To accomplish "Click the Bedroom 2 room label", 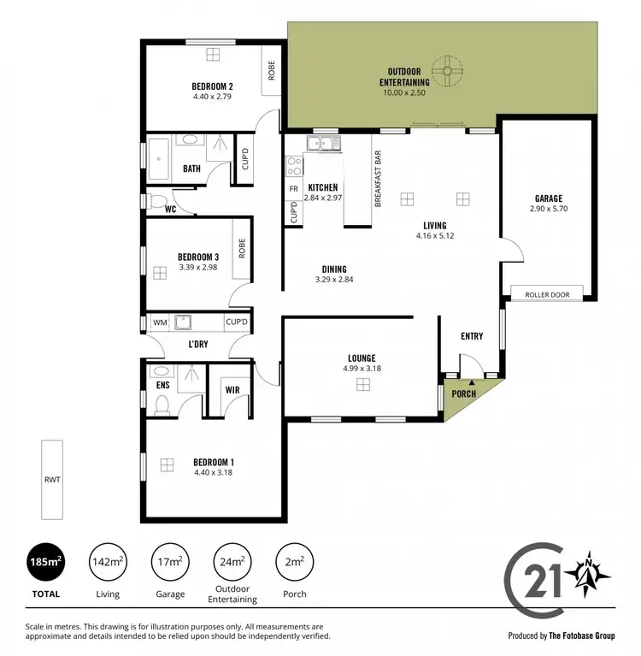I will pos(213,86).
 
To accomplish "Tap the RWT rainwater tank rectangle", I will pos(51,481).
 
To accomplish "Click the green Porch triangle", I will pos(462,398).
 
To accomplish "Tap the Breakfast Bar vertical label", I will pos(377,180).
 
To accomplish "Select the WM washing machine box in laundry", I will pos(159,322).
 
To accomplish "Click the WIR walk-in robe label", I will pos(232,389).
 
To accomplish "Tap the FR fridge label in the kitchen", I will pos(293,188).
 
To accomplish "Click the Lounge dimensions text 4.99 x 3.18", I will pos(362,369).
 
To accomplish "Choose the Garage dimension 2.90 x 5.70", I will pos(549,209).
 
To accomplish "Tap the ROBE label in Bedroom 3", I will pos(243,248).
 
